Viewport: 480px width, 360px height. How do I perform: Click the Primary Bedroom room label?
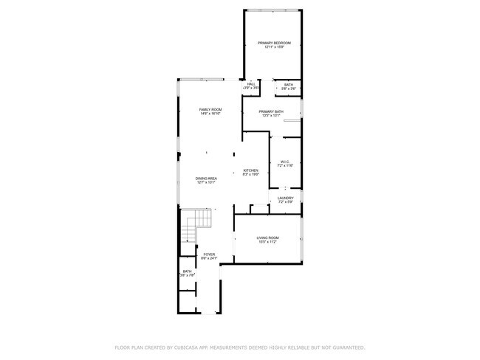tap(274, 43)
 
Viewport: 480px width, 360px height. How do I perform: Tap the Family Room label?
tap(210, 110)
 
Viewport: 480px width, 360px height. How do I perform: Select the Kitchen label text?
tap(251, 170)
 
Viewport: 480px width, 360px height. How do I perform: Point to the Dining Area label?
tap(206, 179)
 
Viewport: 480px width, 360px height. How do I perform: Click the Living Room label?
tap(267, 237)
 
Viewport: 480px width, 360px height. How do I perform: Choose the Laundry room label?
tap(286, 198)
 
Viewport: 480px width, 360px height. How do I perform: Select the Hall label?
tap(251, 84)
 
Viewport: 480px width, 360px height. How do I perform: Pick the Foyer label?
tap(210, 254)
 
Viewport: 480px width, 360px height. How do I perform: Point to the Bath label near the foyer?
tap(188, 271)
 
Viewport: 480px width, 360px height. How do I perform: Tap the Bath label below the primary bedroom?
tap(288, 85)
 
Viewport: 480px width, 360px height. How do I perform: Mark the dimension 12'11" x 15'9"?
tap(274, 47)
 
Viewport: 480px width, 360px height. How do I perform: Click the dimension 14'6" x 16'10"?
tap(210, 114)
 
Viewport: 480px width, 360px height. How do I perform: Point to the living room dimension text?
tap(267, 241)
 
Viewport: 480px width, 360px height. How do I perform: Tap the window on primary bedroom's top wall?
tap(273, 10)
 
